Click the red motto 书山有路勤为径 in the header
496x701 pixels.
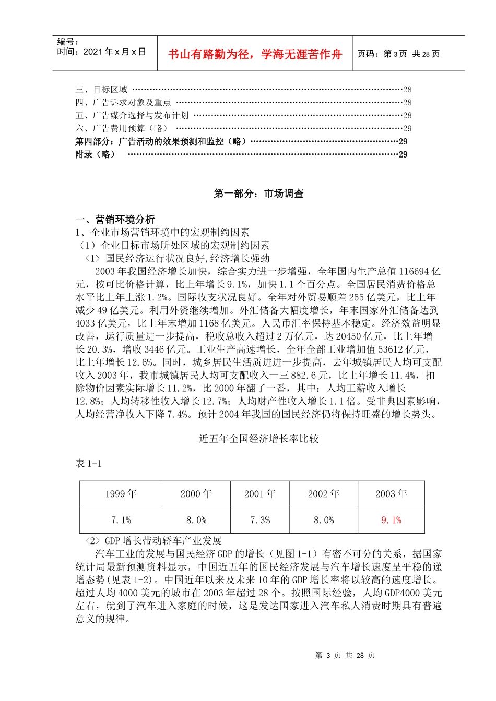[255, 54]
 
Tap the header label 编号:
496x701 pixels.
[68, 42]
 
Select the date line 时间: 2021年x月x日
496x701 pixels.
[101, 52]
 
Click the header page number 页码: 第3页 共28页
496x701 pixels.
[398, 54]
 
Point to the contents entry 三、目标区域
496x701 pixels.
[101, 90]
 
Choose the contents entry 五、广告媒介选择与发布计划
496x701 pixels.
[132, 115]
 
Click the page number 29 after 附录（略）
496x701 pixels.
[403, 154]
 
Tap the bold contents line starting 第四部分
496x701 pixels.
[161, 141]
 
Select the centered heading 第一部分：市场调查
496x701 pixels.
[258, 194]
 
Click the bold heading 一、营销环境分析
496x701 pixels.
[115, 219]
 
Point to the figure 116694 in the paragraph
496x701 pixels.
[414, 271]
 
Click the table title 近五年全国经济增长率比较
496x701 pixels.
[258, 439]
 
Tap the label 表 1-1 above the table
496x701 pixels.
[88, 464]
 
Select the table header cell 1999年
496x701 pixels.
[121, 494]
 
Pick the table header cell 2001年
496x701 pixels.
[259, 494]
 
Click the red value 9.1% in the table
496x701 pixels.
[391, 520]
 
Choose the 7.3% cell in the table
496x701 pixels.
[259, 520]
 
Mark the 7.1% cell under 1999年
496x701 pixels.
[121, 520]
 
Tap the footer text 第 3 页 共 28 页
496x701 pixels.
[345, 656]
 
